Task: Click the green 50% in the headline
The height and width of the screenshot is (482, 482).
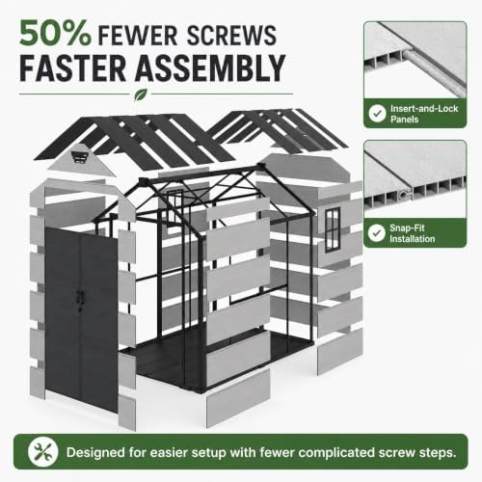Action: pos(55,33)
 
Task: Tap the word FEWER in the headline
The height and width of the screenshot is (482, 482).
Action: pos(138,36)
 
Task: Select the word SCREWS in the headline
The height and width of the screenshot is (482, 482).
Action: pos(231,36)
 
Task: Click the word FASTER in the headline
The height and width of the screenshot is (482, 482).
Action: pos(73,68)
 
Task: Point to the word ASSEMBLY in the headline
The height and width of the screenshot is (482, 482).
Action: pos(210,68)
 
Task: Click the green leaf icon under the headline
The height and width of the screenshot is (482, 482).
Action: pos(141,94)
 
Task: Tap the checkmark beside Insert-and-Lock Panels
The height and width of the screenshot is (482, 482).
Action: pos(377,113)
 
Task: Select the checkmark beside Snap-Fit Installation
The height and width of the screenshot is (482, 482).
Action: pos(377,233)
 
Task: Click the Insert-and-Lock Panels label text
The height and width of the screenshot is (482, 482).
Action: pos(424,114)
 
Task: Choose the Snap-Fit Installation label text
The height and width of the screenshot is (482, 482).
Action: pos(412,233)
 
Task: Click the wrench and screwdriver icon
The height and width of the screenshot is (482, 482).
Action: pos(42,452)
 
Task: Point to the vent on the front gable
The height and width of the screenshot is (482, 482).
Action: pos(80,158)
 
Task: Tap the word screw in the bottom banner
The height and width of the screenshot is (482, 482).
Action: pos(396,453)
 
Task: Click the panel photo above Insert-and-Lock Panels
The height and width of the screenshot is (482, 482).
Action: pos(415,60)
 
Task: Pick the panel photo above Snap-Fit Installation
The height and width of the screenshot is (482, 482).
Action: pos(415,179)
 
